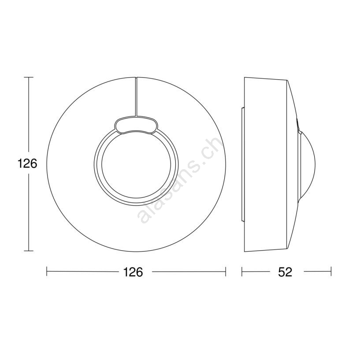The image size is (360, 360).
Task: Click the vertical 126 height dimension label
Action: tap(27, 164)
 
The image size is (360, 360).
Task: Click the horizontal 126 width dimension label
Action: tap(133, 272)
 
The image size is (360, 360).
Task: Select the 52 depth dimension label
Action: tap(285, 272)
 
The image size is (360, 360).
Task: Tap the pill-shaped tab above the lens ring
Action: tap(136, 125)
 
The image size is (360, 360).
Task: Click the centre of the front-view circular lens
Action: tap(136, 163)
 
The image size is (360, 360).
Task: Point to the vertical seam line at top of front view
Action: tap(136, 96)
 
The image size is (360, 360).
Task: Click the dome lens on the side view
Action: tap(307, 165)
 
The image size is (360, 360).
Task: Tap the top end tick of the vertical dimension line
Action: tap(29, 78)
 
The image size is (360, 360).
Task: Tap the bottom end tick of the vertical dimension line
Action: tap(29, 251)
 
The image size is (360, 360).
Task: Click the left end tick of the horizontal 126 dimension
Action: tap(47, 271)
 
